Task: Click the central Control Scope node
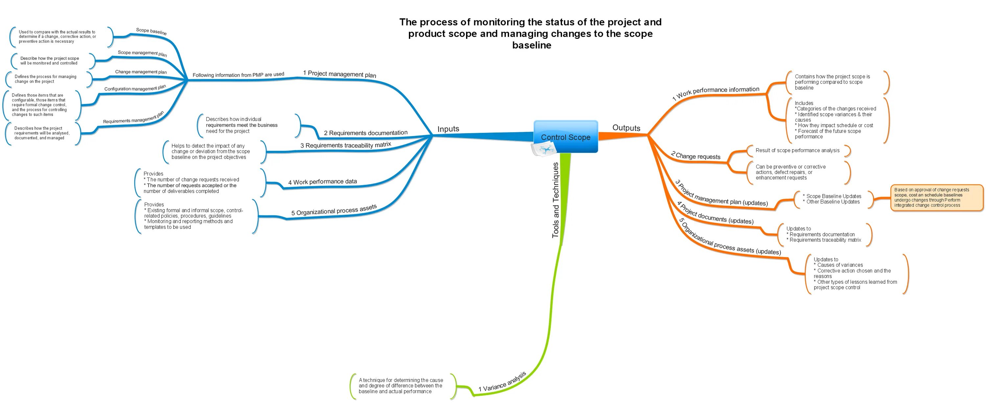(565, 137)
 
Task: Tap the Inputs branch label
(448, 129)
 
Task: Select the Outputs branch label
(626, 128)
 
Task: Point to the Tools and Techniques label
(555, 200)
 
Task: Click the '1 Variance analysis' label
(502, 382)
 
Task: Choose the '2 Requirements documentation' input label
(365, 133)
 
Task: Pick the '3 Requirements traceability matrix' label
(346, 145)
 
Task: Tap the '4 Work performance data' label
(322, 182)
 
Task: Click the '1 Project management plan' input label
(340, 74)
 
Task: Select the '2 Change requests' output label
(695, 155)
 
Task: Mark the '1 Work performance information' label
(716, 92)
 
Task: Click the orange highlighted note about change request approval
(936, 198)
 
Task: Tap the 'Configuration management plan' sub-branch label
(135, 88)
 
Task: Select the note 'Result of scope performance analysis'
(797, 151)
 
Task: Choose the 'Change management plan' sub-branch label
(141, 72)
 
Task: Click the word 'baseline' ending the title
(532, 45)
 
